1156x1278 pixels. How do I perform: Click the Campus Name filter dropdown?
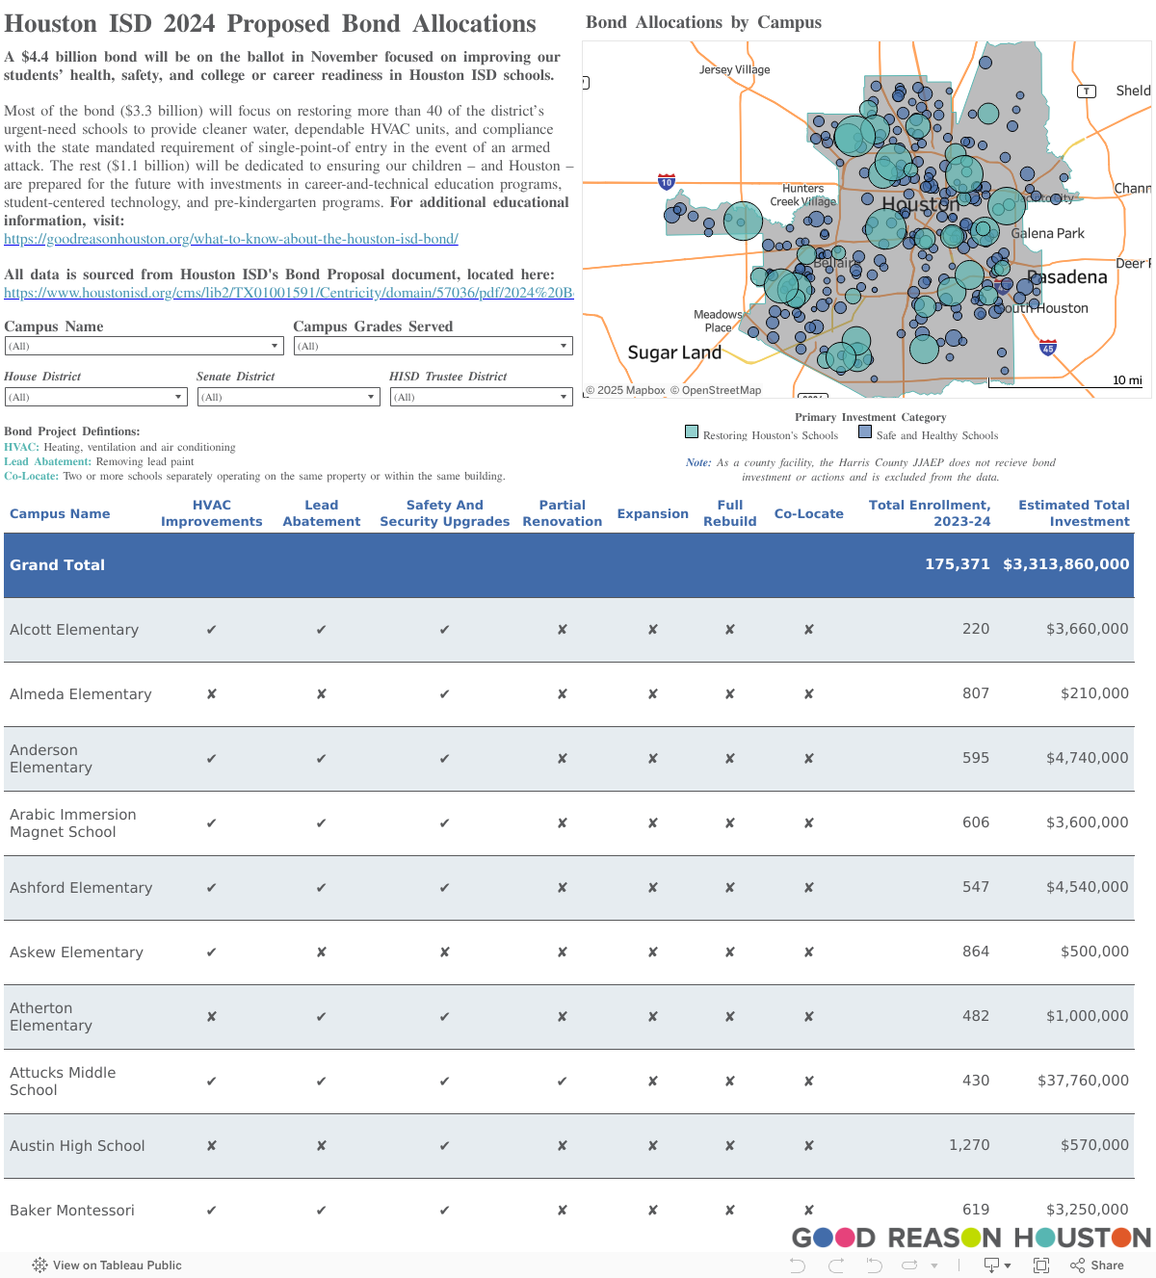(x=144, y=346)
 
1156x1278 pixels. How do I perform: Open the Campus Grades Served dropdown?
(x=433, y=346)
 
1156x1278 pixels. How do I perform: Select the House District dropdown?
(x=95, y=397)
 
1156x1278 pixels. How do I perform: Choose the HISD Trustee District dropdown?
(x=481, y=397)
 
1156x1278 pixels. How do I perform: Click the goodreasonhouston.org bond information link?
(x=231, y=239)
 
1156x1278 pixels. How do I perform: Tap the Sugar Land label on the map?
(x=674, y=352)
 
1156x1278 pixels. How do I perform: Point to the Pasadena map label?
(x=1068, y=277)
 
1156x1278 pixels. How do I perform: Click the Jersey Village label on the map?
(x=734, y=69)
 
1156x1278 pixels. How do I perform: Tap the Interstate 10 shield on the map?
(x=667, y=182)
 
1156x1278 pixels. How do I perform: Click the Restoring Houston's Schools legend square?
(x=692, y=431)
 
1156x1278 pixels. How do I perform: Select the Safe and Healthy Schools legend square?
(x=865, y=431)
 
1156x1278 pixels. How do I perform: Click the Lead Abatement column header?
(x=321, y=513)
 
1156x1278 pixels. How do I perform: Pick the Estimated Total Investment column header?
(x=1073, y=513)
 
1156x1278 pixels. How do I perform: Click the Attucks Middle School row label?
(x=63, y=1081)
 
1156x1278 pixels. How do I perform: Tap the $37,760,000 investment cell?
(x=1083, y=1081)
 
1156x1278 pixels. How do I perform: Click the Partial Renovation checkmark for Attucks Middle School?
(x=563, y=1081)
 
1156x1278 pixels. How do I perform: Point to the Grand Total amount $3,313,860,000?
(x=1065, y=564)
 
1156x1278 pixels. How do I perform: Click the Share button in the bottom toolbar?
(x=1097, y=1265)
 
